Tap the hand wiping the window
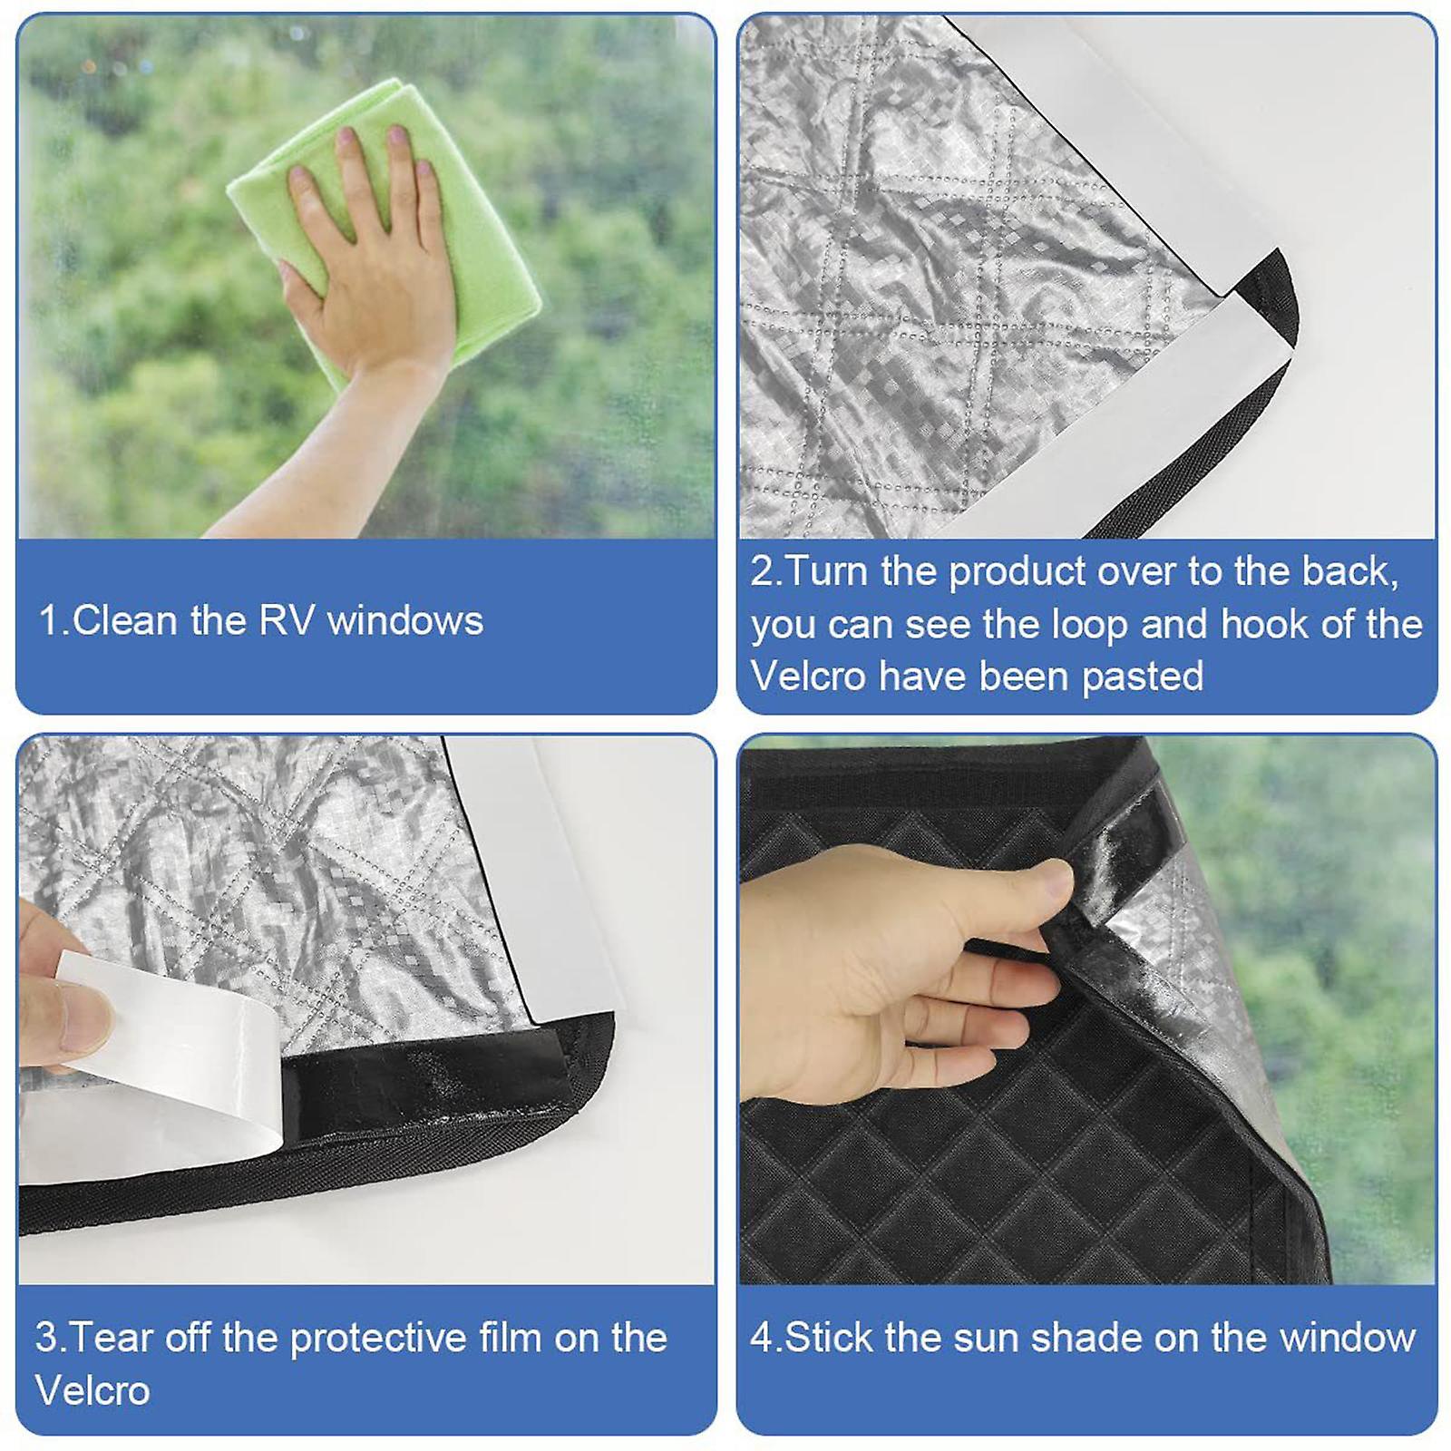[372, 263]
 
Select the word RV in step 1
[287, 621]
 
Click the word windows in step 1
[405, 621]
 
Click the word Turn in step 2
[827, 571]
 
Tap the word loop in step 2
[1088, 624]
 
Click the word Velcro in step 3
[93, 1390]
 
